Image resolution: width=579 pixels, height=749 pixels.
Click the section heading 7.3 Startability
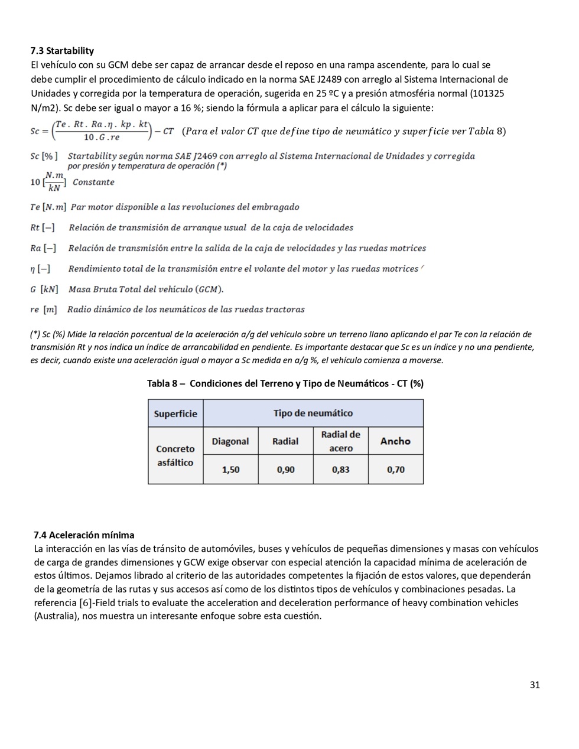click(62, 51)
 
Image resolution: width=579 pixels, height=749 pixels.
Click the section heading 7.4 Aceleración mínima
click(84, 535)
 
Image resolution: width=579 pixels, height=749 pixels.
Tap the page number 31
click(535, 685)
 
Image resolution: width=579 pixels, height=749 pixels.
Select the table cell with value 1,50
click(230, 470)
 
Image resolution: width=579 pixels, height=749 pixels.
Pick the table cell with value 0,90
click(285, 470)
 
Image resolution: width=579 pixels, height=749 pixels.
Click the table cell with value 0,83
click(340, 470)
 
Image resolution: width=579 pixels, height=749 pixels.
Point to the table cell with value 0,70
click(396, 470)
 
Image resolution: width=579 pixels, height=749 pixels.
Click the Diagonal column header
click(230, 441)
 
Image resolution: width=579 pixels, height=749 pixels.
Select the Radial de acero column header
click(340, 441)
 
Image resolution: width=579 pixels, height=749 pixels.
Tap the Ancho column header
click(396, 441)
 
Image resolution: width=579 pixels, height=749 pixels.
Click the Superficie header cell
click(175, 413)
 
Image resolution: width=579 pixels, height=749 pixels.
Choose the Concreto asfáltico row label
click(175, 455)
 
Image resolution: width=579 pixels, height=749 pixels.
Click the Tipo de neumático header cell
click(313, 413)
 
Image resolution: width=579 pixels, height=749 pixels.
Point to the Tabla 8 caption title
click(285, 383)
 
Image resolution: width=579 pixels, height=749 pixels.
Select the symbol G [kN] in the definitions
click(44, 289)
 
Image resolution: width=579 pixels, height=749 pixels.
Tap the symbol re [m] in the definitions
click(44, 310)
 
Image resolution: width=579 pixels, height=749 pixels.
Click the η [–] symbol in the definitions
click(40, 269)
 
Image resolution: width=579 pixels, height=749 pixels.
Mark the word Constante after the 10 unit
click(93, 182)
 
